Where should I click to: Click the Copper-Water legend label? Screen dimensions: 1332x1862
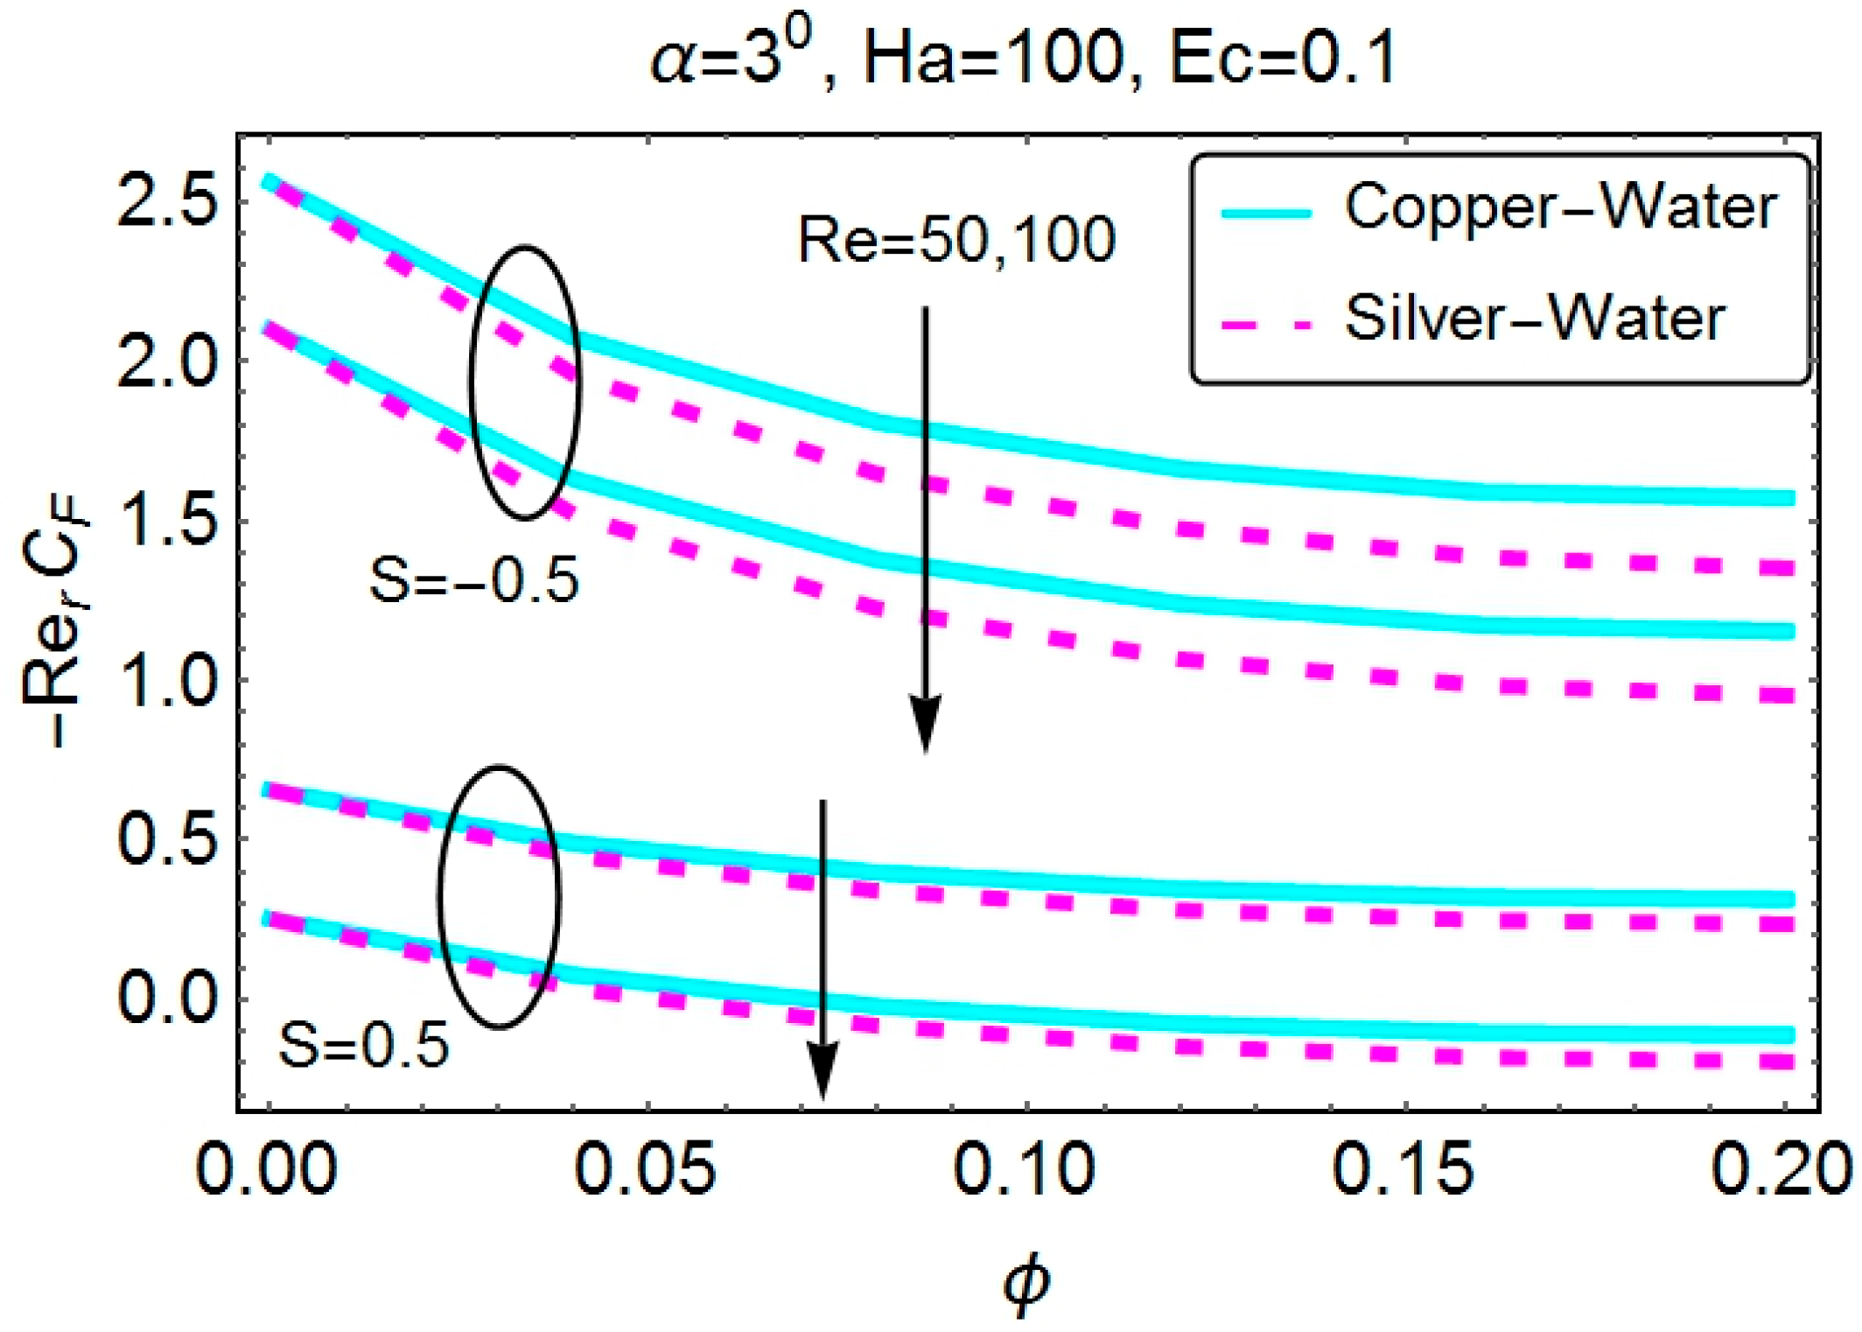click(x=1560, y=208)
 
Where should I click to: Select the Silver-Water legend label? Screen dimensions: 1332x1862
click(x=1535, y=318)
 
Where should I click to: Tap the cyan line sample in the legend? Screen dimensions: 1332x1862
click(x=1267, y=213)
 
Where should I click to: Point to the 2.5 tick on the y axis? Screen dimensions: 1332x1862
click(x=166, y=207)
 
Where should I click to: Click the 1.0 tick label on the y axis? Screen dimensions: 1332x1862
click(x=166, y=684)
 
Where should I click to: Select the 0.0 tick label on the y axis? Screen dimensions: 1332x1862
click(x=166, y=999)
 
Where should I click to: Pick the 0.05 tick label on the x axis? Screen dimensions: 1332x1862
click(x=646, y=1168)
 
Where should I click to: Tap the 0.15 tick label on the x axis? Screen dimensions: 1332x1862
click(x=1403, y=1168)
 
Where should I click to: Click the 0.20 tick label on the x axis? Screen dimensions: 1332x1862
click(x=1781, y=1168)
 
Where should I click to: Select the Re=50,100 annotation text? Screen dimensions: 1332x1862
click(x=956, y=240)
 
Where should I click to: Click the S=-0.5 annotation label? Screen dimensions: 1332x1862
click(x=474, y=580)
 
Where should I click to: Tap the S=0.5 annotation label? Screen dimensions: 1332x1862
click(x=363, y=1046)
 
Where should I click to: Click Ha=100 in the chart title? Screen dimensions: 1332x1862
click(x=992, y=61)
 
